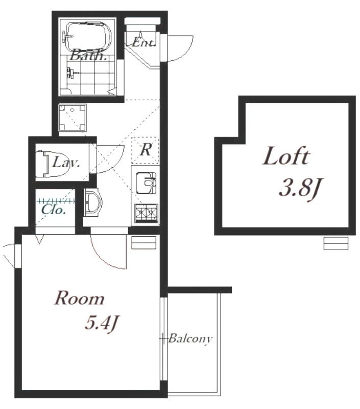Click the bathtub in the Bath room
pos(87,36)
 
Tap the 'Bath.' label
pos(88,55)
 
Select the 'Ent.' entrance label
pos(143,42)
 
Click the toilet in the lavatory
pos(53,164)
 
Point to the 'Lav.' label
pos(66,163)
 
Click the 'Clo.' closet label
pos(53,210)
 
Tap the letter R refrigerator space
pos(146,150)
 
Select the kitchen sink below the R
pos(146,183)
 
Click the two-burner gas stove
pos(146,213)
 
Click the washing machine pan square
pos(72,118)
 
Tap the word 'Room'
pos(79,299)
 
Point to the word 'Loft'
pos(286,156)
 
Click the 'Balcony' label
pos(190,339)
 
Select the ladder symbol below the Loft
pos(336,243)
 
